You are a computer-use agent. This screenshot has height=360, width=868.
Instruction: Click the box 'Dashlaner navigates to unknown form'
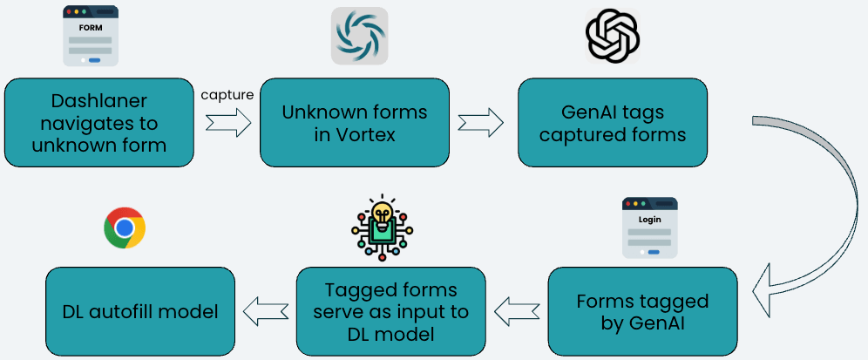[98, 122]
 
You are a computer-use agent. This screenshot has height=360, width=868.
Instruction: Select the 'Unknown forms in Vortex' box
[354, 122]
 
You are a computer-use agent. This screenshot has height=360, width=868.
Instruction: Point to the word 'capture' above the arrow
[227, 94]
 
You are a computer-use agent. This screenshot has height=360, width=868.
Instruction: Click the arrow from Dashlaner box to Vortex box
[227, 124]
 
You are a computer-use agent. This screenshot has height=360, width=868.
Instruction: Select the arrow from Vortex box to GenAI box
[482, 124]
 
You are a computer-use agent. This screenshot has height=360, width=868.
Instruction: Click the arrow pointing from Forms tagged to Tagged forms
[516, 309]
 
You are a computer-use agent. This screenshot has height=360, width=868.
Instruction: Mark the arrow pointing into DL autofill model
[265, 309]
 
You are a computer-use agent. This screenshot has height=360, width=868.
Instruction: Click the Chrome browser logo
[125, 228]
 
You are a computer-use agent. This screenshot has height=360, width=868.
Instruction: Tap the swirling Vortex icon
[358, 36]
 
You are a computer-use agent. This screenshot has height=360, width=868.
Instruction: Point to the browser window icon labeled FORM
[91, 36]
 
